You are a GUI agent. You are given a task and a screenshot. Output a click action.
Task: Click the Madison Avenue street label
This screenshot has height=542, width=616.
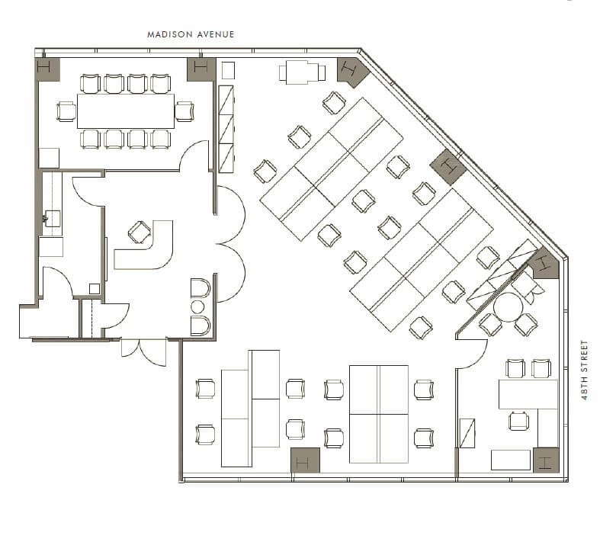tap(191, 34)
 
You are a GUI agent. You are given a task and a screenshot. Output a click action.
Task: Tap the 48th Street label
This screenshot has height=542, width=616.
tap(585, 370)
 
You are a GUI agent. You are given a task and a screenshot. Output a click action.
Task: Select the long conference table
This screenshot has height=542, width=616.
tap(126, 111)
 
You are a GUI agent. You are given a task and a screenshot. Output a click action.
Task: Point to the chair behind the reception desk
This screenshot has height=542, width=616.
tap(139, 232)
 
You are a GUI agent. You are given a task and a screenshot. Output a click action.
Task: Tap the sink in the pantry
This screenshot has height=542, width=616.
tap(52, 218)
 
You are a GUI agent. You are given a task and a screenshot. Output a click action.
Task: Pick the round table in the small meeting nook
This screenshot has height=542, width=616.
tap(509, 307)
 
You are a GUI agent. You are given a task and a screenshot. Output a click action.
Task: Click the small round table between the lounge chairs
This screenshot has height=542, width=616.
tap(197, 306)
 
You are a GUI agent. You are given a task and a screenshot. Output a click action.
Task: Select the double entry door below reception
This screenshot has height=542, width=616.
tap(144, 352)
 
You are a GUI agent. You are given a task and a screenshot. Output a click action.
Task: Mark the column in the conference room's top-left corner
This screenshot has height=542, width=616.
tap(47, 69)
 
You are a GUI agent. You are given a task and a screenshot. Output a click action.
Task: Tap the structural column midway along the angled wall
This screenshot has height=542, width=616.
tap(448, 167)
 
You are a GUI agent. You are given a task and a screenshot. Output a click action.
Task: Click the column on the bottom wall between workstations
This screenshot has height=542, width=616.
tap(305, 460)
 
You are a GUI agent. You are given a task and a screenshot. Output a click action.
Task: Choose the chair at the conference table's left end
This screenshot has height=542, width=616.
tap(66, 111)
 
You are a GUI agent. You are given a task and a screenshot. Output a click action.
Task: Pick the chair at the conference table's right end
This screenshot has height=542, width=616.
tap(184, 111)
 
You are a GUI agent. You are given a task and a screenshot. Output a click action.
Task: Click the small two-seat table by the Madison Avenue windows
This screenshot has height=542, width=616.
tap(302, 72)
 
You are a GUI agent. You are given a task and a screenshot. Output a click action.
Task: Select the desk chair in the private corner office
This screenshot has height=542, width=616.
tap(518, 421)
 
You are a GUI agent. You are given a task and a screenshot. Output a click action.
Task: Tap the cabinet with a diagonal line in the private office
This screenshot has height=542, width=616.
tap(467, 433)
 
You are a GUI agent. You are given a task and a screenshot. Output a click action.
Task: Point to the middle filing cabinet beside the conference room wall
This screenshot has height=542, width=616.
tap(226, 130)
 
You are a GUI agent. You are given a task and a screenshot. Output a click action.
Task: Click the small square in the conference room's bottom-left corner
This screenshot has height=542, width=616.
tap(49, 159)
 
